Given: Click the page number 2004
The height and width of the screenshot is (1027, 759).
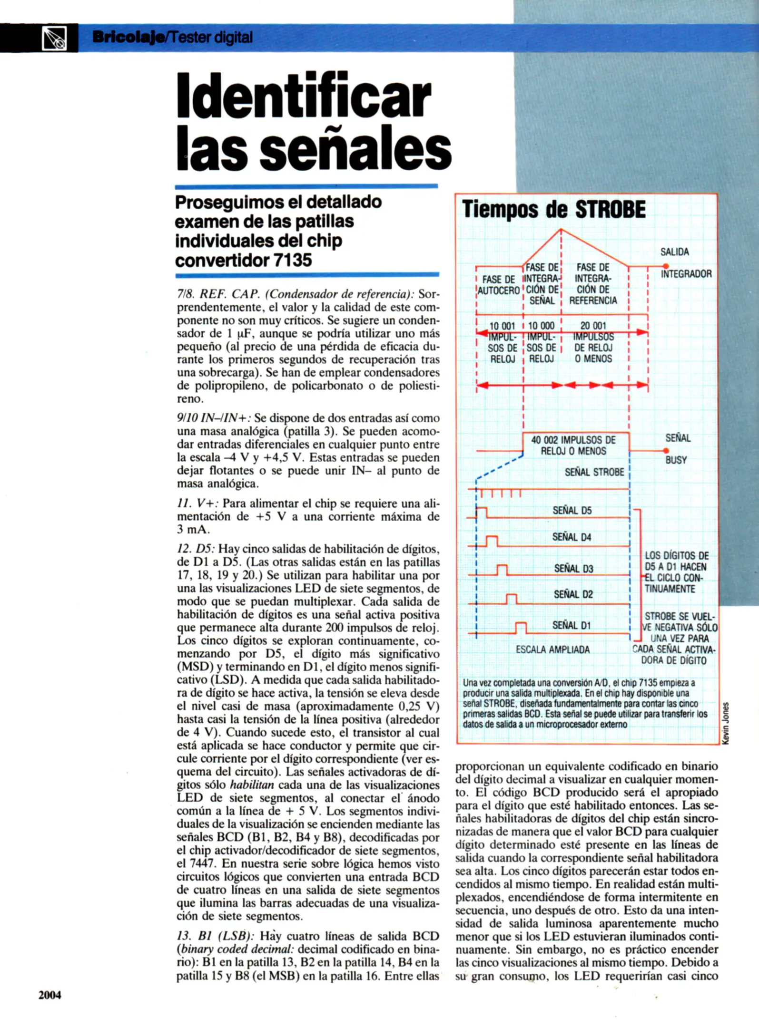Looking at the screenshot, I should coord(49,995).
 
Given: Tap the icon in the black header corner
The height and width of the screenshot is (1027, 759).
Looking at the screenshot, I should coord(54,39).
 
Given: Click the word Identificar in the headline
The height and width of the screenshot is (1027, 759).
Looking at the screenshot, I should coord(303,95).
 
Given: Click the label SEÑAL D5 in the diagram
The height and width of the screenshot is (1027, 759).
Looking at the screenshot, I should coord(572,511).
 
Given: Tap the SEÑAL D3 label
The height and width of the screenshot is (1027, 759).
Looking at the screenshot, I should coord(573,569).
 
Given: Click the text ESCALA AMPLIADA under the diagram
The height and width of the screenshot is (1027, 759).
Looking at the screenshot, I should coord(552,649).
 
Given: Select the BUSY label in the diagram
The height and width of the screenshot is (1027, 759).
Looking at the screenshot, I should coord(676,460).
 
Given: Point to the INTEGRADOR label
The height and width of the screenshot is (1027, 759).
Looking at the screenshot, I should coord(686,274).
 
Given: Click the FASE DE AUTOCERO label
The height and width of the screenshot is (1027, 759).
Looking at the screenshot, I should coord(498,284).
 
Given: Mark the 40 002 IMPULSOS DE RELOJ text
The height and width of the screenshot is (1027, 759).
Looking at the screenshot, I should coord(573,446).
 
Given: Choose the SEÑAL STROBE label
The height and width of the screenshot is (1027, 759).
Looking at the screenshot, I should coord(594,472).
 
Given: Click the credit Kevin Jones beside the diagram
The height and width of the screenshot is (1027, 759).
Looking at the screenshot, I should coord(725,723).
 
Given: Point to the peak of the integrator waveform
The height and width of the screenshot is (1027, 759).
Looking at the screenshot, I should coord(561,230).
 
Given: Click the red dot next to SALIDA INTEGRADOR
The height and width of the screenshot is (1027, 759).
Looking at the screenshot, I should coord(666,266).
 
